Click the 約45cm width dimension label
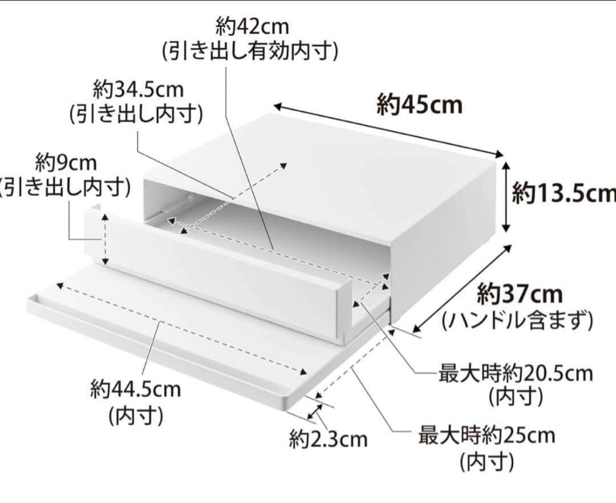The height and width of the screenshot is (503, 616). click(x=419, y=106)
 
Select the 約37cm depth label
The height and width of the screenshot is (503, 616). click(x=520, y=295)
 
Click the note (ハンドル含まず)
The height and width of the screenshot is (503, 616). click(x=518, y=321)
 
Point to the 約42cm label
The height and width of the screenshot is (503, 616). click(x=252, y=27)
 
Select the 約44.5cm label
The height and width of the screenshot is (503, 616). click(x=135, y=391)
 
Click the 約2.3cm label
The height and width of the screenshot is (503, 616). click(x=328, y=440)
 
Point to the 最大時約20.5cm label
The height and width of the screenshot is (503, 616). click(x=516, y=375)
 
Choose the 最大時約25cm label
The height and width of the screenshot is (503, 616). click(x=487, y=436)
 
